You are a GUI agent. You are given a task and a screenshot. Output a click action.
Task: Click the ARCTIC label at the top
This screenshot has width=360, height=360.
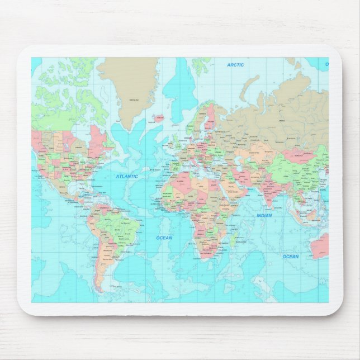[x=235, y=65]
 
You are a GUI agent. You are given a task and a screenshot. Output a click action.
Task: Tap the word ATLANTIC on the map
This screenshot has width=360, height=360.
[x=127, y=177]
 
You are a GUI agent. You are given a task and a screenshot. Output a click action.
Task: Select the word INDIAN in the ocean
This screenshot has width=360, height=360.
[x=264, y=215]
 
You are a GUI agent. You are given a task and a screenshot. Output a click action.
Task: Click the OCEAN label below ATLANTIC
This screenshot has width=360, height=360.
[x=164, y=238]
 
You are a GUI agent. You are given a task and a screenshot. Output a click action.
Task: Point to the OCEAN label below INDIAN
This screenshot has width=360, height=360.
[x=290, y=257]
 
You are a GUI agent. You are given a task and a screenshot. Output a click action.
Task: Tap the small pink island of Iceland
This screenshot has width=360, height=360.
[x=158, y=119]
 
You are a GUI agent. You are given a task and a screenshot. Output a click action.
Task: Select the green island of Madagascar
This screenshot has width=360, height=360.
[x=233, y=241]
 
